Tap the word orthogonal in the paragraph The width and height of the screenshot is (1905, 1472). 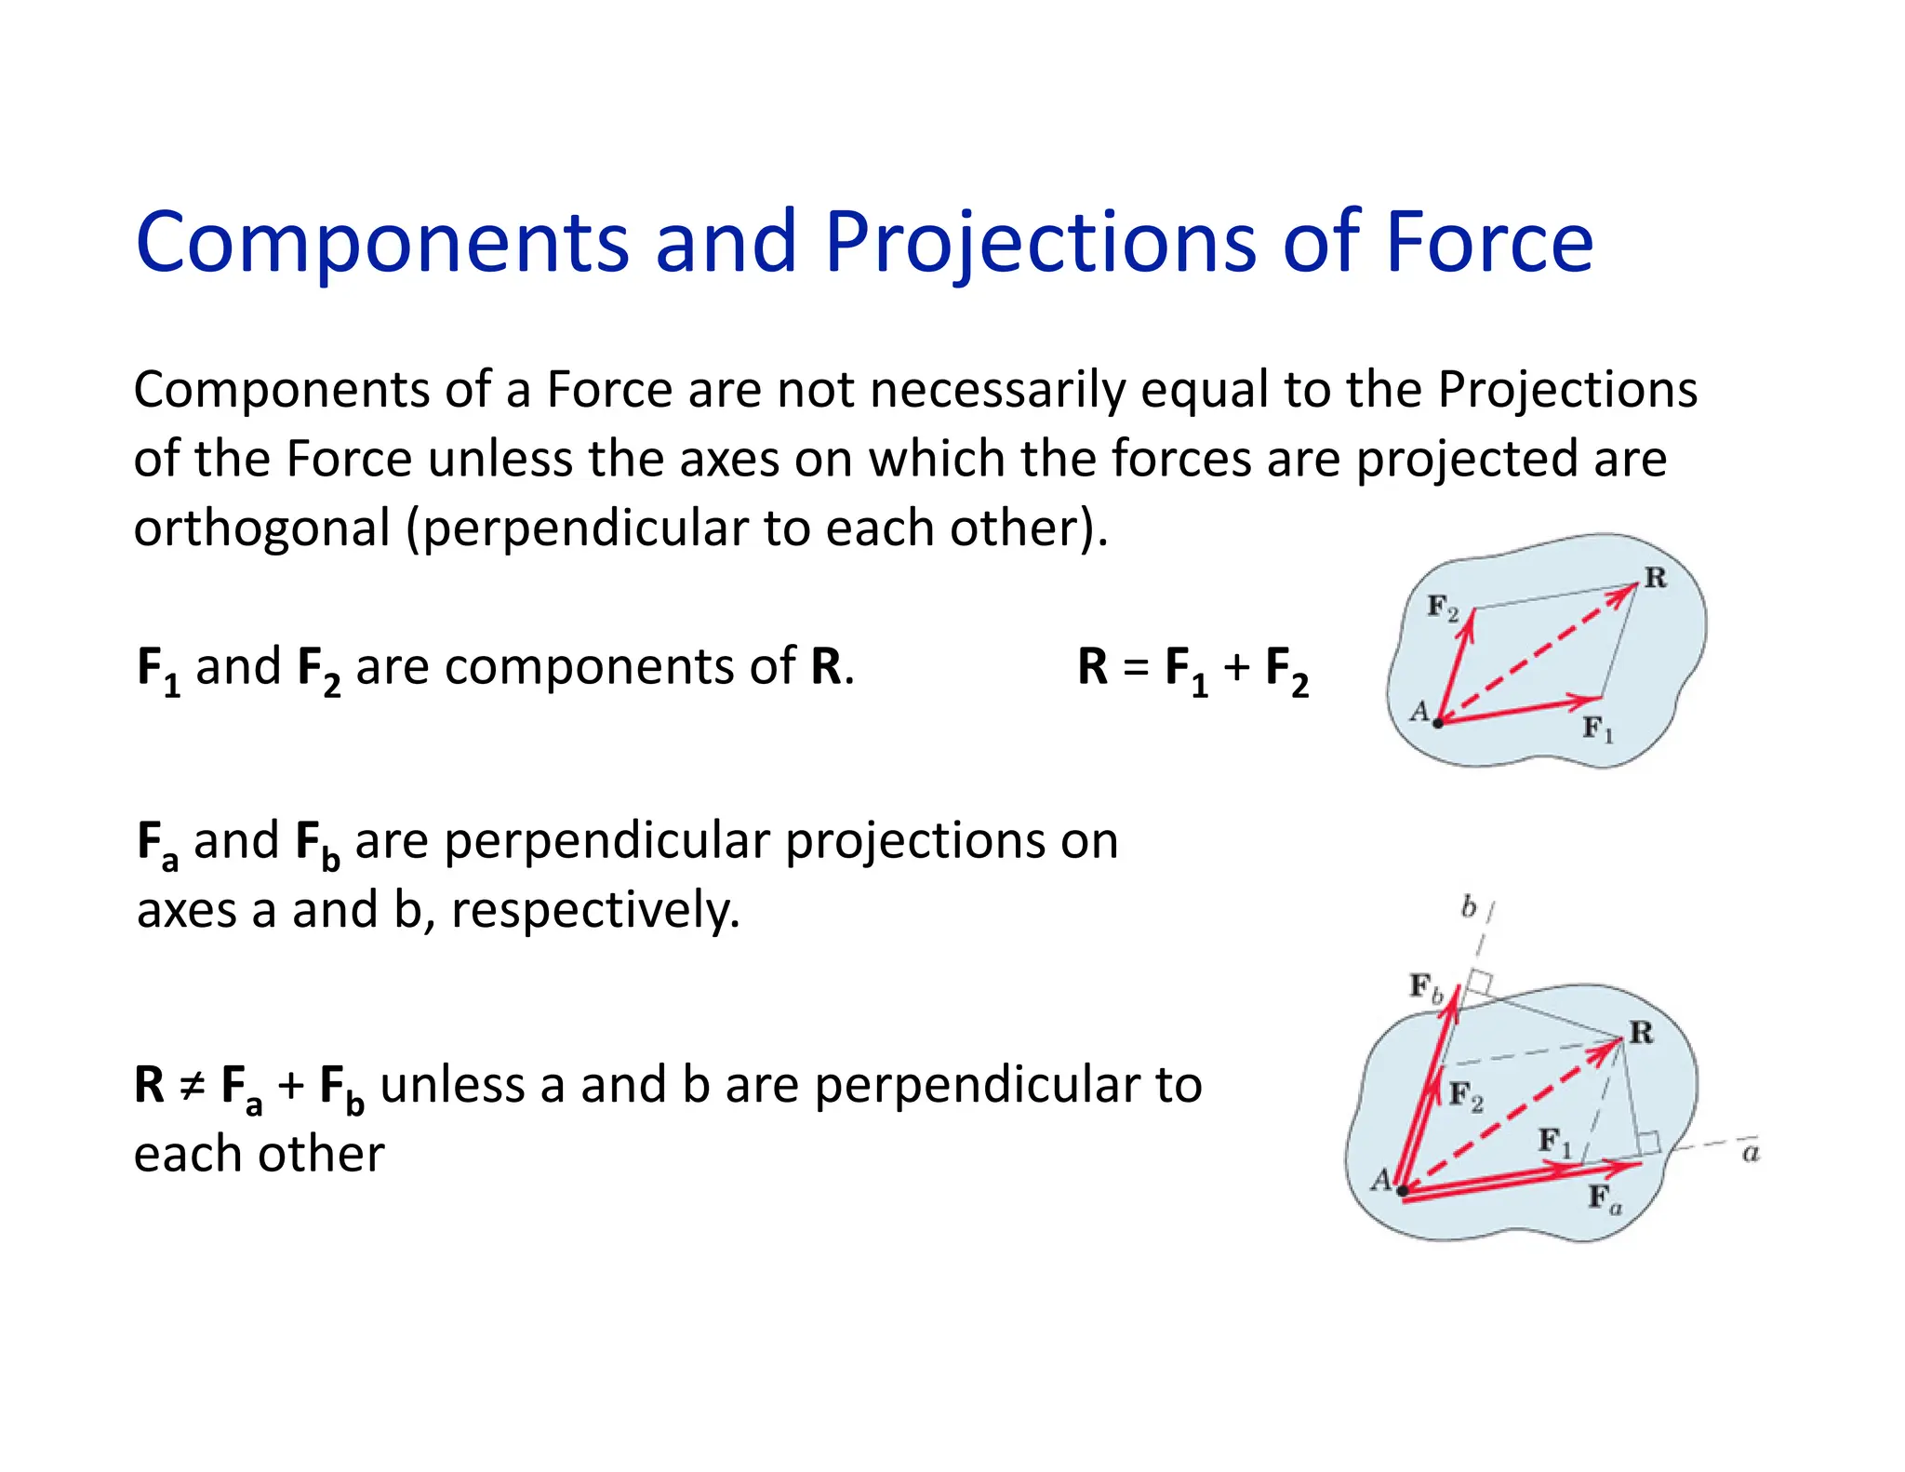(x=261, y=529)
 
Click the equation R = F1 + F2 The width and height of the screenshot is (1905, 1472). (x=1192, y=669)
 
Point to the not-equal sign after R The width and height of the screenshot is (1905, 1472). (x=192, y=1086)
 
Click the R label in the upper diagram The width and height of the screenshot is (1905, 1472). (x=1656, y=578)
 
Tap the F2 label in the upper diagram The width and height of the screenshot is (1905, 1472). (x=1443, y=608)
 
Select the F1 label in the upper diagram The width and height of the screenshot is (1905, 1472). (x=1598, y=728)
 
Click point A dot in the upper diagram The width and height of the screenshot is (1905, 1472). (x=1438, y=722)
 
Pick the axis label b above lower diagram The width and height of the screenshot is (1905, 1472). (x=1469, y=906)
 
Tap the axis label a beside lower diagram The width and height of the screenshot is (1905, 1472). (x=1751, y=1154)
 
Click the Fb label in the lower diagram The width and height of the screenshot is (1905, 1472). (x=1426, y=986)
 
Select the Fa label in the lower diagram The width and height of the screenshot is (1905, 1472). (x=1605, y=1198)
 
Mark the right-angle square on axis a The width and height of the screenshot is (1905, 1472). (x=1648, y=1144)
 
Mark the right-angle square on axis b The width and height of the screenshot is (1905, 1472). (x=1480, y=984)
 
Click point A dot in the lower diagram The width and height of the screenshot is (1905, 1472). (x=1402, y=1190)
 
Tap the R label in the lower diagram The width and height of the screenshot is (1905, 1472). (x=1642, y=1032)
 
